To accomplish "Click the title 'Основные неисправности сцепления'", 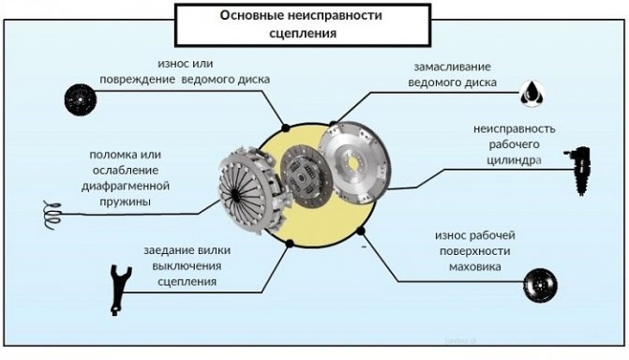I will pos(301,24).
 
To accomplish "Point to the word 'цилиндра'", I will pos(509,160).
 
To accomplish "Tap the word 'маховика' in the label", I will pos(474,267).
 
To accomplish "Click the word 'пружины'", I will pos(121,202).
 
